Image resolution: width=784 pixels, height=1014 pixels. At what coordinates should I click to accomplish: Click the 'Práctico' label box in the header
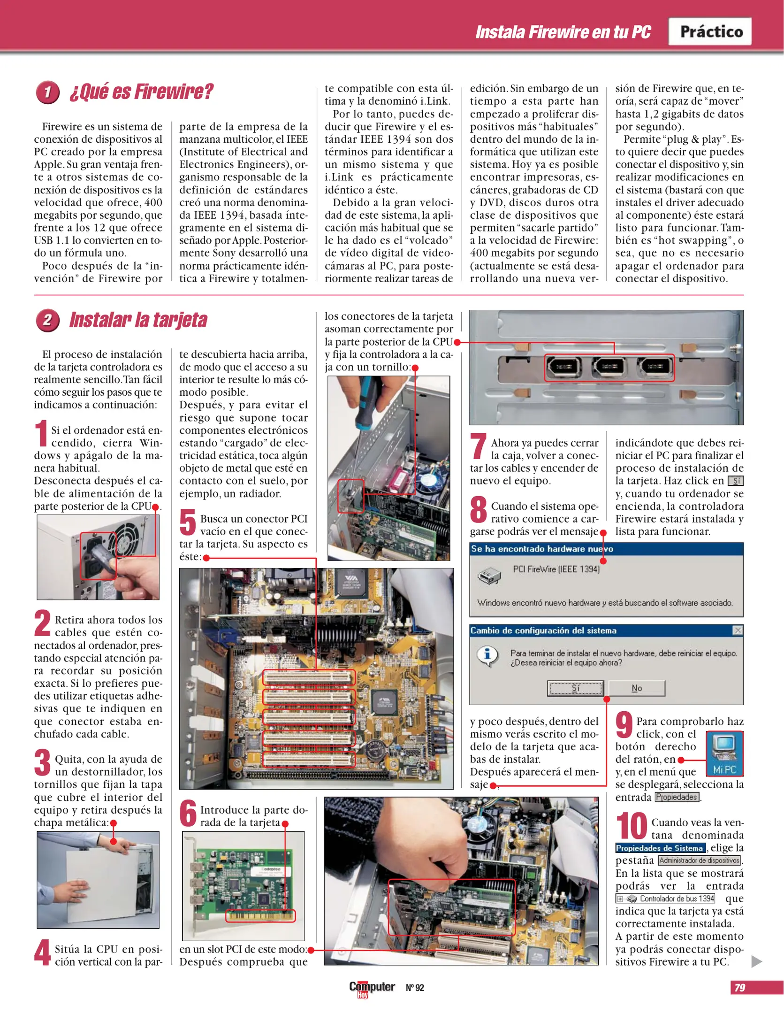tap(710, 31)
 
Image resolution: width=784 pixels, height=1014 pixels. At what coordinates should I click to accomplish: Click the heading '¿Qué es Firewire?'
tap(141, 92)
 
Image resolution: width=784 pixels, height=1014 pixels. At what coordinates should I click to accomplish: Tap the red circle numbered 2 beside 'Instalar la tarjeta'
tap(47, 321)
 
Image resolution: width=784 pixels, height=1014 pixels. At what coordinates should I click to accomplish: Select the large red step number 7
tap(478, 446)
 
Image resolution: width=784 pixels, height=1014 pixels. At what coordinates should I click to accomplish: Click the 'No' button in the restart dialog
tap(637, 688)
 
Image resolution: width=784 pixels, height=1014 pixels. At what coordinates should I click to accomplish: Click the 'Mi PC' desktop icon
tap(724, 753)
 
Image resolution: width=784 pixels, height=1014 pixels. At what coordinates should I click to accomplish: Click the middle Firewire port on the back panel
tap(609, 367)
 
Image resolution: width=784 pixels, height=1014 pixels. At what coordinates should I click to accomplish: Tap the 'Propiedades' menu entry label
tap(677, 797)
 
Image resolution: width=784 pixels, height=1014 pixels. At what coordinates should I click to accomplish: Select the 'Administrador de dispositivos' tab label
tap(700, 860)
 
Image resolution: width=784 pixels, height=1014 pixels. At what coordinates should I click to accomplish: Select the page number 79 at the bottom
tap(740, 988)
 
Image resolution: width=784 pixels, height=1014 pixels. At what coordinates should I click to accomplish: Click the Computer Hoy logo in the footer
tap(371, 988)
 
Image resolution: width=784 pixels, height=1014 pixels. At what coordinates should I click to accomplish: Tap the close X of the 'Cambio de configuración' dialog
tap(738, 630)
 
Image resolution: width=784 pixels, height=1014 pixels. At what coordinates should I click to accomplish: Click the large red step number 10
tap(632, 827)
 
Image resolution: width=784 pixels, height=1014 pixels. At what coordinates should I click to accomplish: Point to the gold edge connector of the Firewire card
tap(260, 916)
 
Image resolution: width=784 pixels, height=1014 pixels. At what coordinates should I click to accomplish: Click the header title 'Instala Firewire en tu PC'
tap(563, 32)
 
